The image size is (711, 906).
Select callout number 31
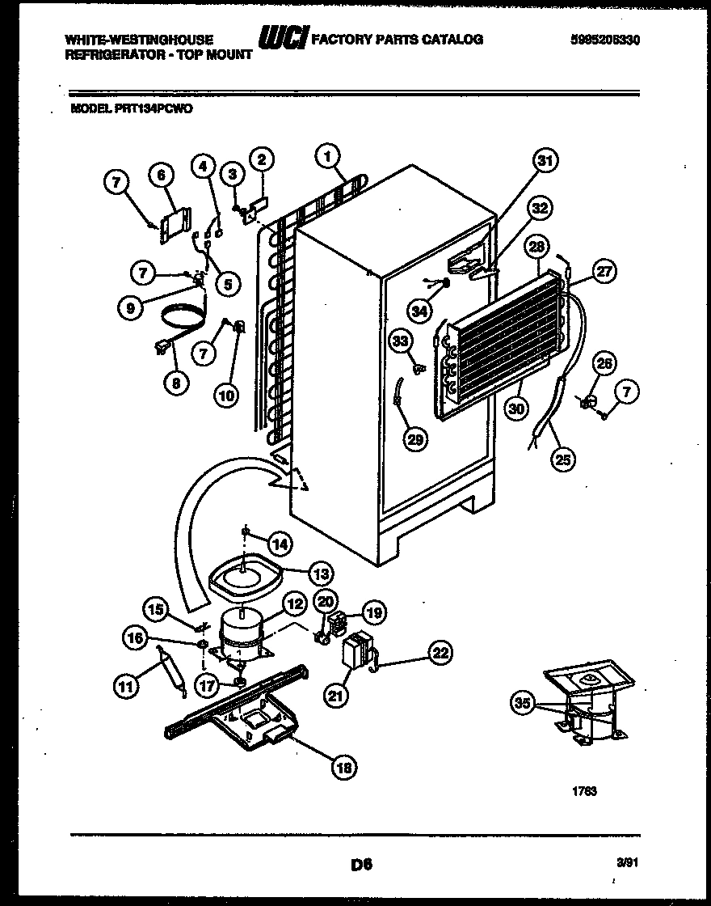click(546, 162)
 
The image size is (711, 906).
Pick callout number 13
click(321, 574)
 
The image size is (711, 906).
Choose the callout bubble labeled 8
click(175, 385)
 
